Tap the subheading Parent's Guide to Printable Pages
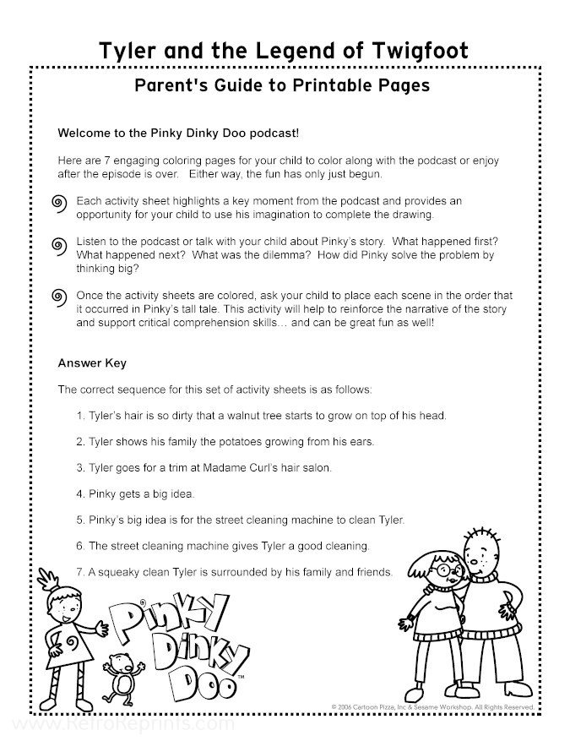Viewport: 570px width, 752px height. click(x=282, y=85)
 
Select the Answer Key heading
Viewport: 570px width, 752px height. click(x=91, y=363)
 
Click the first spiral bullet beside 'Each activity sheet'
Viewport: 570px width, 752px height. click(x=59, y=203)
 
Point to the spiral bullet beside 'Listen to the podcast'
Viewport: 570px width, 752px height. click(x=59, y=246)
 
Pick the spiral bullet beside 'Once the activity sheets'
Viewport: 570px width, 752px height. click(x=59, y=296)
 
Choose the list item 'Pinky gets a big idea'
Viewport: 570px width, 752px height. click(x=135, y=493)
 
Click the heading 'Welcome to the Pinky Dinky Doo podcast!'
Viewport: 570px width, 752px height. click(x=178, y=134)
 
